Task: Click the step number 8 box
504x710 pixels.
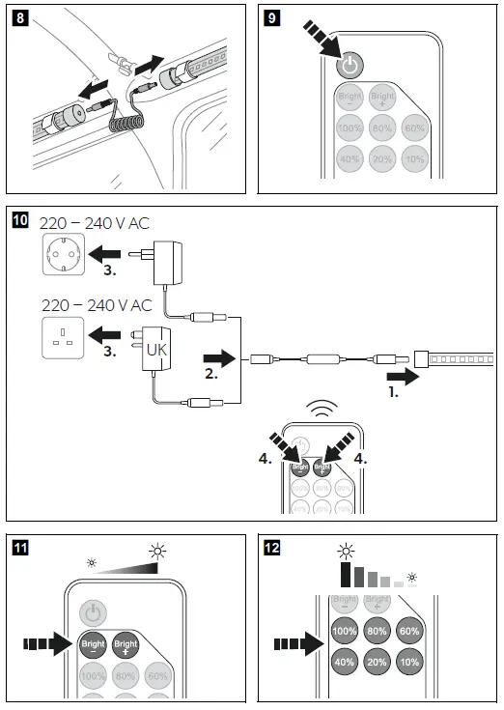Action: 17,18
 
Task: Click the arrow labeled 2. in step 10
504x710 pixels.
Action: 219,360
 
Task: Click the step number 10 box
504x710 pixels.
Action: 19,220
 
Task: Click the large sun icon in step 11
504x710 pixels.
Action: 157,552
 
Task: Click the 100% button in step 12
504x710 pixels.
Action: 344,630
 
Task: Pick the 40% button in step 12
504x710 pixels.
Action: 344,662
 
